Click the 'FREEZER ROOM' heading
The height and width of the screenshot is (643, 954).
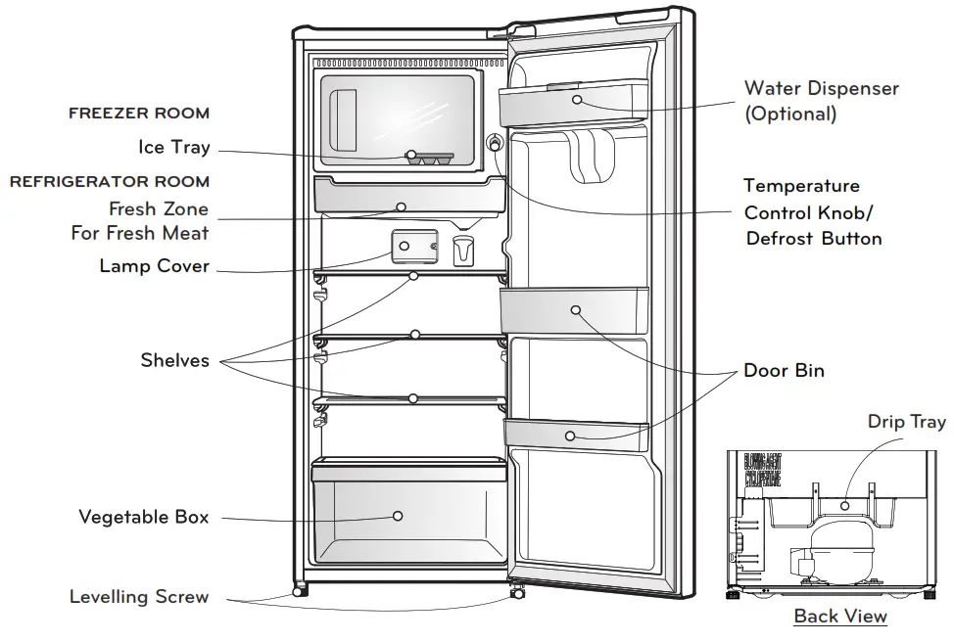coord(139,114)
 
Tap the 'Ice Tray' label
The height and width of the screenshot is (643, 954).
coord(174,148)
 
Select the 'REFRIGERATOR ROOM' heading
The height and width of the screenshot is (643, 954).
coord(110,182)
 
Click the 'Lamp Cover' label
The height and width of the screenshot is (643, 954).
coord(155,266)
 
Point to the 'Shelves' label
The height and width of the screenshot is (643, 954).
coord(175,360)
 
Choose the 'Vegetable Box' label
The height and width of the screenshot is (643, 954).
coord(144,517)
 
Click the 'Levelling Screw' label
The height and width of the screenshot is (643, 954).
coord(139,597)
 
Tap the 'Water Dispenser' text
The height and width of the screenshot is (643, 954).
coord(821,89)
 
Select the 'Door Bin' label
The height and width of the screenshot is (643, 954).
coord(784,371)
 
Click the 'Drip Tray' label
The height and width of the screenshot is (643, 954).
coord(907,422)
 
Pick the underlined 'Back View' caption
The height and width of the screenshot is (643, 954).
coord(840,617)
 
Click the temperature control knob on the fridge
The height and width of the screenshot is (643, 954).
coord(495,143)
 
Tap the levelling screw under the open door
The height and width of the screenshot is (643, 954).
coord(514,591)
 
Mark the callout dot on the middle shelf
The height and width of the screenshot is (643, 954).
coord(415,335)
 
